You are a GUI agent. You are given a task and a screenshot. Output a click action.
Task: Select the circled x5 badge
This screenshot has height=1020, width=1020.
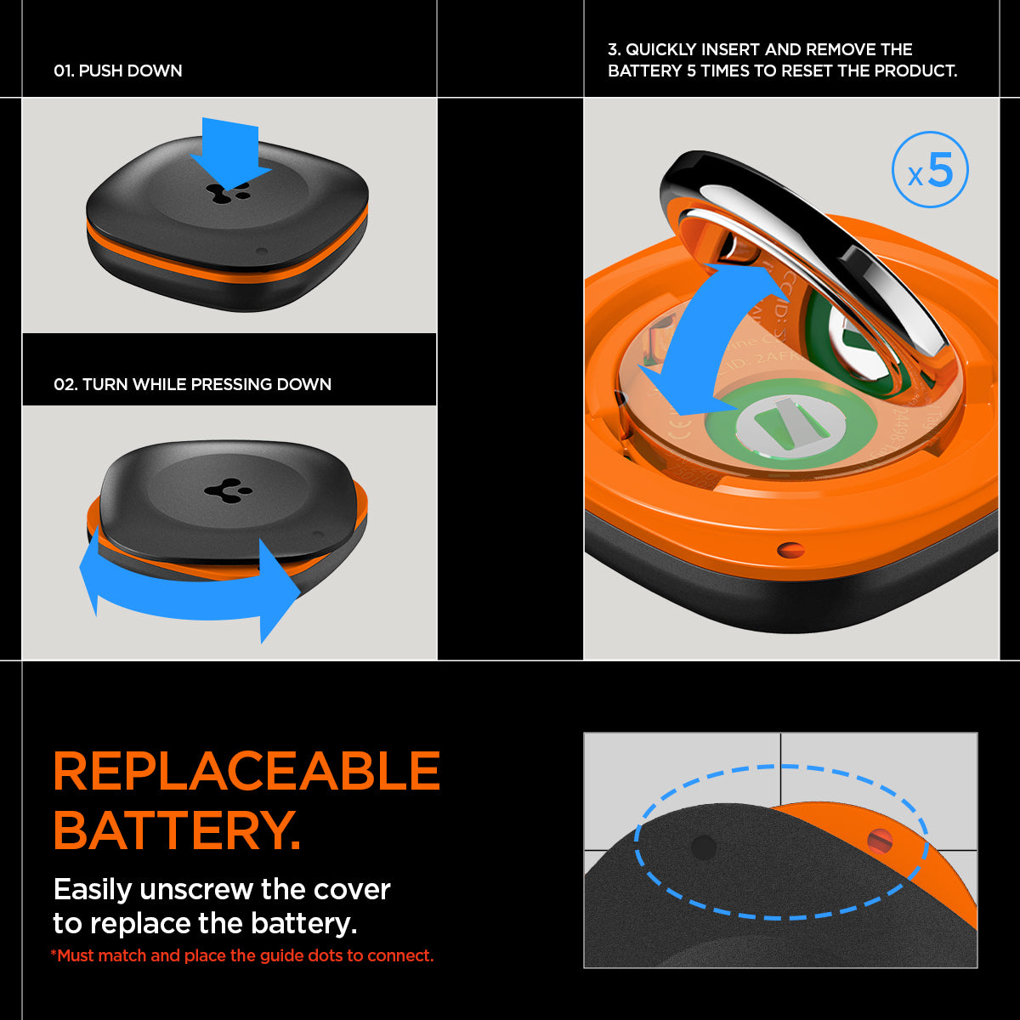click(x=930, y=170)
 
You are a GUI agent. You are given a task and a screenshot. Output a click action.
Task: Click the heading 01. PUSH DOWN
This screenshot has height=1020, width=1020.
click(x=118, y=71)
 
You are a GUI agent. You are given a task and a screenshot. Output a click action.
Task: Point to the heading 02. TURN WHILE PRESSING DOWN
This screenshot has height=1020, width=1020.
click(x=192, y=384)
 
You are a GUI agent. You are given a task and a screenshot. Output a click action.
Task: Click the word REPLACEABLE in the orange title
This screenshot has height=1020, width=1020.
click(x=246, y=771)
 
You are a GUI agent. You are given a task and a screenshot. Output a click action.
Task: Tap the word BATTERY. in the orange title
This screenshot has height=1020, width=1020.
click(x=177, y=830)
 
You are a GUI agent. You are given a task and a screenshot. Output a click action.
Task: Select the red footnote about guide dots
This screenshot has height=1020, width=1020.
click(x=242, y=955)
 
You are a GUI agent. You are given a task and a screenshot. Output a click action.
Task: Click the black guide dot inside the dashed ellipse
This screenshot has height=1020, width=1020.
click(x=704, y=847)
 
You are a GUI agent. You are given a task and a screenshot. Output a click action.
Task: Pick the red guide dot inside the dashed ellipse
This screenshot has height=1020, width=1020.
click(x=880, y=841)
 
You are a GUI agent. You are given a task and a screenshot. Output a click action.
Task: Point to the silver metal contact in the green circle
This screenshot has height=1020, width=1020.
click(x=786, y=422)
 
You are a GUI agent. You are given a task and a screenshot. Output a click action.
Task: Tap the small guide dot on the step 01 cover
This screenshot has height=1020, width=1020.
click(x=262, y=252)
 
